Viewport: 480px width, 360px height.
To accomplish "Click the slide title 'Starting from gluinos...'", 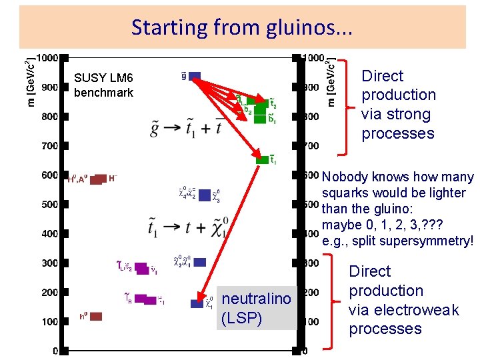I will pyautogui.click(x=242, y=27).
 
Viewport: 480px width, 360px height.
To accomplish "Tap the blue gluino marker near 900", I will pyautogui.click(x=195, y=75).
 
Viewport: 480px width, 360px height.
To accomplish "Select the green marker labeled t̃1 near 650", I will pyautogui.click(x=263, y=159).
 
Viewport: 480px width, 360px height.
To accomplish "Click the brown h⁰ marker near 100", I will pyautogui.click(x=96, y=316).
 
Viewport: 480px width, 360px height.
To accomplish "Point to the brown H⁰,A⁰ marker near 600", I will pyautogui.click(x=98, y=179).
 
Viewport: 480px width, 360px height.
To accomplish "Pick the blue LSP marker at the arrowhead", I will pyautogui.click(x=196, y=303).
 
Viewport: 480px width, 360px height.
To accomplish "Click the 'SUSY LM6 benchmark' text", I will pyautogui.click(x=103, y=86).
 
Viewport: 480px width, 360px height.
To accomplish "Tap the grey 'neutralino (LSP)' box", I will pyautogui.click(x=257, y=308).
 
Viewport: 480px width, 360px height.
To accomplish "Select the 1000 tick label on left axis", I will pyautogui.click(x=46, y=58).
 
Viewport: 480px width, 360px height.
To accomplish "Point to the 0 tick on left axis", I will pyautogui.click(x=55, y=351).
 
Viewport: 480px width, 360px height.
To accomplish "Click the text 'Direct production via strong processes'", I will pyautogui.click(x=398, y=105).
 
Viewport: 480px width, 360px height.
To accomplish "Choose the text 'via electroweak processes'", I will pyautogui.click(x=404, y=319).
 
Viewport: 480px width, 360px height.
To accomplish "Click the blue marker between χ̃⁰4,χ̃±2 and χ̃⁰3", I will pyautogui.click(x=205, y=195).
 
